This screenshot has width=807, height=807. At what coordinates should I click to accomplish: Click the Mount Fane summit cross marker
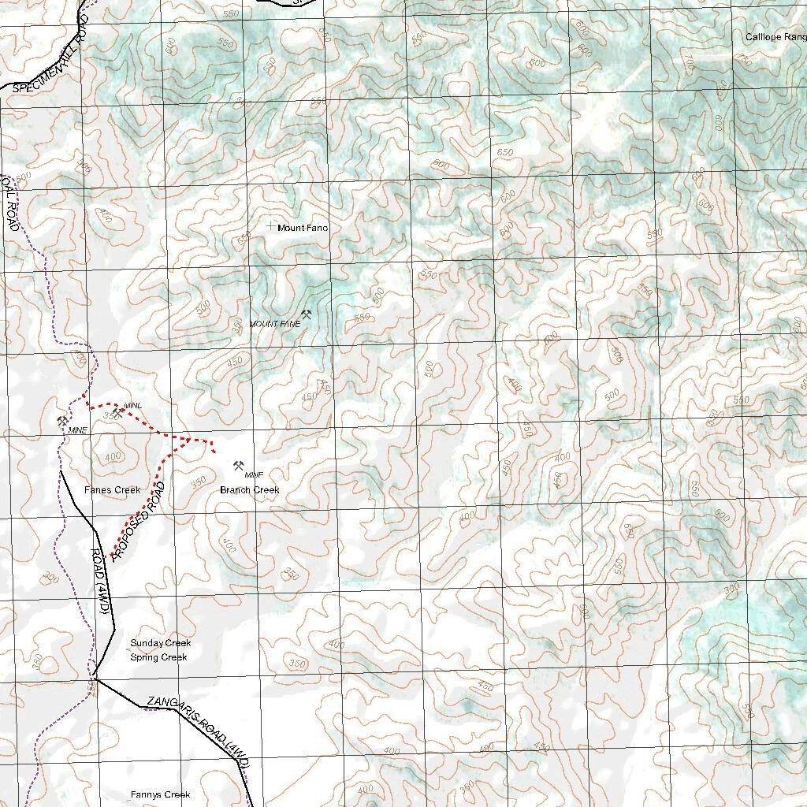point(272,226)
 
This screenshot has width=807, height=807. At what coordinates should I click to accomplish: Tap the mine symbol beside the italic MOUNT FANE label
point(306,314)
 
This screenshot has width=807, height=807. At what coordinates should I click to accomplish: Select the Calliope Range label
point(775,37)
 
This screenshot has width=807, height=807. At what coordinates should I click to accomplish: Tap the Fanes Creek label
point(113,490)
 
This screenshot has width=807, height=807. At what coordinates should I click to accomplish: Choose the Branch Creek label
point(249,490)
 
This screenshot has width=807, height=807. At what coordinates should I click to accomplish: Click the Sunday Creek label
point(161,643)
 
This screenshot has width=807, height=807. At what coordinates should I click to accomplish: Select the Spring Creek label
point(159,657)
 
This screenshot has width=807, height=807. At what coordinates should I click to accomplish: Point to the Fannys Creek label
point(161,795)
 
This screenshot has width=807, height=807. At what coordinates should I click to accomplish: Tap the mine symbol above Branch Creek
point(238,465)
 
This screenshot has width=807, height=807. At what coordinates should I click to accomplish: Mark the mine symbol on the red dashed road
point(117,412)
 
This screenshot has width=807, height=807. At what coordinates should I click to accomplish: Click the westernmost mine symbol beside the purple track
point(61,420)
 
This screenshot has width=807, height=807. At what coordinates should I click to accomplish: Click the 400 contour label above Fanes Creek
point(113,456)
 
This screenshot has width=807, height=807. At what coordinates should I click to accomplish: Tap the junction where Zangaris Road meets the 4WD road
point(94,677)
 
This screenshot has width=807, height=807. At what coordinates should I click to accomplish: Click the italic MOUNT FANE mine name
point(275,324)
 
